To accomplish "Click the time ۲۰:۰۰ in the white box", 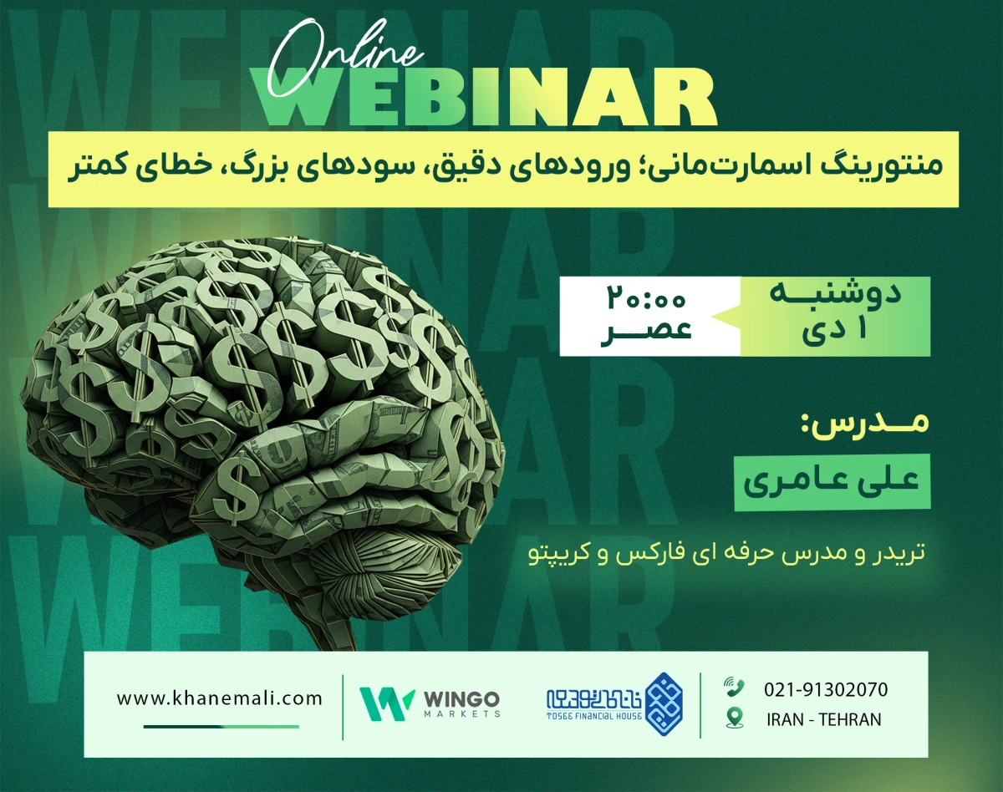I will point(648,298).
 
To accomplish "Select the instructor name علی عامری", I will point(832,480).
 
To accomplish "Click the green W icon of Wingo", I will point(387,703).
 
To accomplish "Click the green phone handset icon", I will point(735,688).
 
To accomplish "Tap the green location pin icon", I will point(735,717).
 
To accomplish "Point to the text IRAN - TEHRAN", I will point(823,719).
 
